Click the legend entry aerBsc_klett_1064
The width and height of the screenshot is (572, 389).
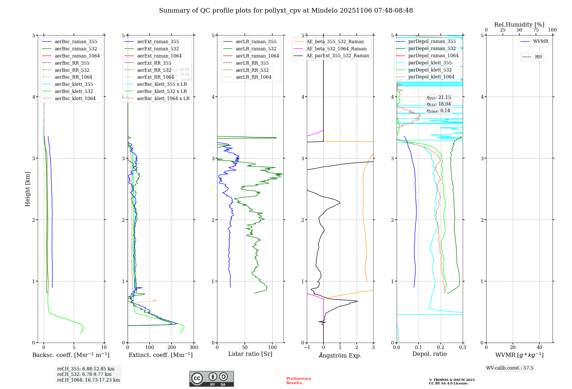tap(75, 98)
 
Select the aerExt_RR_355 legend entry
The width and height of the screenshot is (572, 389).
tap(154, 63)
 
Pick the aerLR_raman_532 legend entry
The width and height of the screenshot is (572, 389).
tap(256, 49)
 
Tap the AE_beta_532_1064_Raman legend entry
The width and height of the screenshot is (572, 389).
tap(336, 49)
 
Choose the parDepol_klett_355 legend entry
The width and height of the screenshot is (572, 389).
tap(430, 63)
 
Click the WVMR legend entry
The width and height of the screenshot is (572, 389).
tap(541, 41)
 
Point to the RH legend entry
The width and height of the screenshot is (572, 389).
tap(538, 57)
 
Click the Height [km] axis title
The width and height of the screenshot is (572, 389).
tap(27, 189)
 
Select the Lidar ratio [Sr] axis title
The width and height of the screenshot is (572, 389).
tap(250, 354)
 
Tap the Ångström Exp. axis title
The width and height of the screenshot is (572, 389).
tap(340, 355)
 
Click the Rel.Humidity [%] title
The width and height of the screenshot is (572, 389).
tap(519, 25)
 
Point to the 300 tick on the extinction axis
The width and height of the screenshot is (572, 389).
tap(194, 347)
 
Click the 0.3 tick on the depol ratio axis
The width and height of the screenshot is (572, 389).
tap(462, 347)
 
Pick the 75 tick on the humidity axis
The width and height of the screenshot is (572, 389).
tap(536, 30)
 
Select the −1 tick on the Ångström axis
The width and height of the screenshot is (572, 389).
tap(307, 347)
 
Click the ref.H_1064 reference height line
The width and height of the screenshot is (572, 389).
tap(88, 380)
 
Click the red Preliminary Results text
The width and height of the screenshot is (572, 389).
tap(299, 380)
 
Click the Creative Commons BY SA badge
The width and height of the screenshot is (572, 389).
tap(211, 379)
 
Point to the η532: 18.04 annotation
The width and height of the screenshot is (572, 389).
tap(439, 104)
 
